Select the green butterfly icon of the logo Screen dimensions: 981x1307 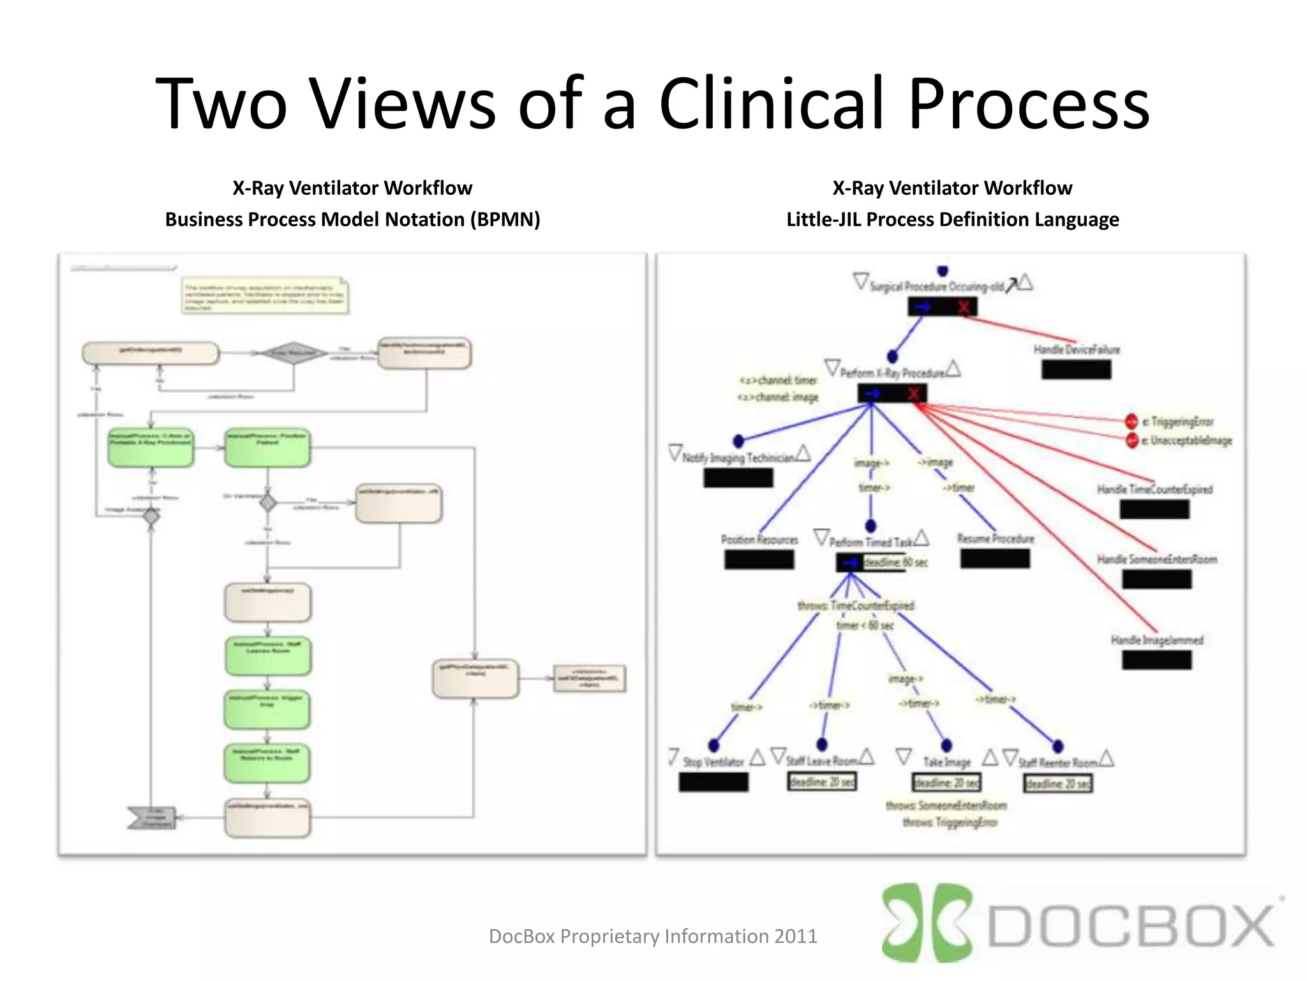[925, 923]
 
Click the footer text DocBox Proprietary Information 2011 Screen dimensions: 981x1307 [652, 936]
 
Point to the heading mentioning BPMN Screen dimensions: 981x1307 [352, 219]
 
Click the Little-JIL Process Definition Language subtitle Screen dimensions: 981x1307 [952, 219]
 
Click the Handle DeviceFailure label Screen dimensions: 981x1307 [1077, 349]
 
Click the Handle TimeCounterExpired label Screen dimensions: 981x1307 [1154, 489]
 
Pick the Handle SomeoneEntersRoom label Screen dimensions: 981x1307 [1156, 559]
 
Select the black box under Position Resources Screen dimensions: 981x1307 [759, 559]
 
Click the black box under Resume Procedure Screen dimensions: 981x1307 [995, 559]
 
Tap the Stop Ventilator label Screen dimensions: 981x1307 [713, 762]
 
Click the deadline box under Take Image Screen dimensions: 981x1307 [946, 782]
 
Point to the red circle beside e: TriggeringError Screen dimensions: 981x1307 [1131, 422]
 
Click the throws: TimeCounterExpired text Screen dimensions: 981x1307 [855, 605]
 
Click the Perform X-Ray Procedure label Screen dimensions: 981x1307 [892, 373]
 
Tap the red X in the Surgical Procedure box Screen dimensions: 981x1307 [964, 308]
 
